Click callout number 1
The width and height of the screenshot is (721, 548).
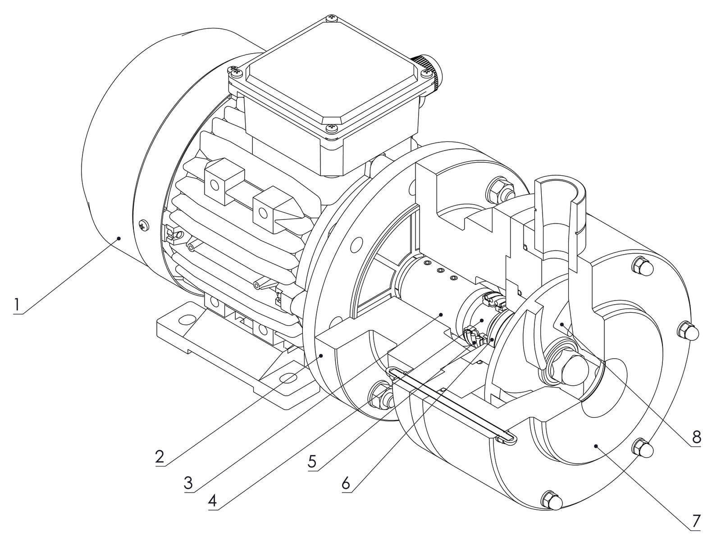point(17,304)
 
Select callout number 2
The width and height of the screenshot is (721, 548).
point(160,457)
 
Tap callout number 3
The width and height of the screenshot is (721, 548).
point(188,483)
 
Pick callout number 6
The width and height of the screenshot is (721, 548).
point(346,483)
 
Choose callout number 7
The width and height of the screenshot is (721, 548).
point(696,521)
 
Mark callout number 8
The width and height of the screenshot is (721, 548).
point(696,437)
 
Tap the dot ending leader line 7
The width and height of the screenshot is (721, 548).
point(596,446)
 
